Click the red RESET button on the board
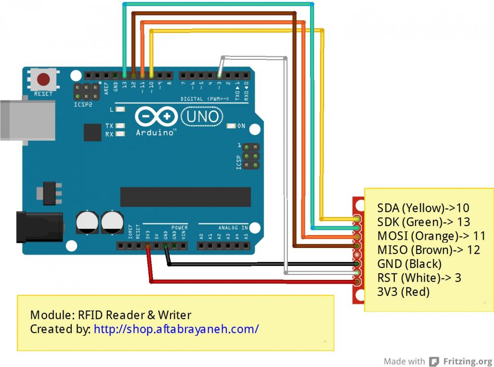pyautogui.click(x=44, y=79)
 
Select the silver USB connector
pyautogui.click(x=26, y=120)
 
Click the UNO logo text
pyautogui.click(x=202, y=116)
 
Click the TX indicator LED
pyautogui.click(x=120, y=126)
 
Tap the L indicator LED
pyautogui.click(x=120, y=109)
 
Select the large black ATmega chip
pyautogui.click(x=185, y=197)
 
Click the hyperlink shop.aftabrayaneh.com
pyautogui.click(x=176, y=329)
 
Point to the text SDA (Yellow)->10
pyautogui.click(x=423, y=208)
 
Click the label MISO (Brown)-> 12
pyautogui.click(x=429, y=250)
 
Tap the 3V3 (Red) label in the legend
pyautogui.click(x=403, y=291)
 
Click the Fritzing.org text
pyautogui.click(x=467, y=361)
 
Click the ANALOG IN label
pyautogui.click(x=233, y=227)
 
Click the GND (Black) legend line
pyautogui.click(x=409, y=264)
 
